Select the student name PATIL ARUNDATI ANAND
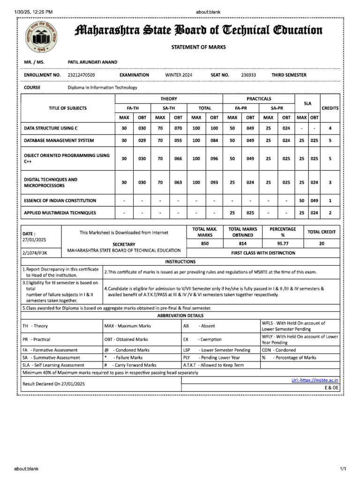[x=93, y=62]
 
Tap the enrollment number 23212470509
[x=81, y=75]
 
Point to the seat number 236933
[x=248, y=75]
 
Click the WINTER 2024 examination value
[x=179, y=75]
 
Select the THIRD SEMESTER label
[x=289, y=75]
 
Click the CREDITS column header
[x=330, y=108]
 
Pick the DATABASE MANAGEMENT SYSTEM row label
[x=59, y=141]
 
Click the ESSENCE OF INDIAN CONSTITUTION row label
[x=60, y=201]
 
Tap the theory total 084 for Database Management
[x=214, y=141]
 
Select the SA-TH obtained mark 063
[x=178, y=182]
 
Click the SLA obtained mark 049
[x=315, y=201]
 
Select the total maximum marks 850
[x=205, y=244]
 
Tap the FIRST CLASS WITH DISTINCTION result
[x=263, y=253]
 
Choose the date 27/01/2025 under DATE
[x=34, y=240]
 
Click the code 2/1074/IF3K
[x=35, y=253]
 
